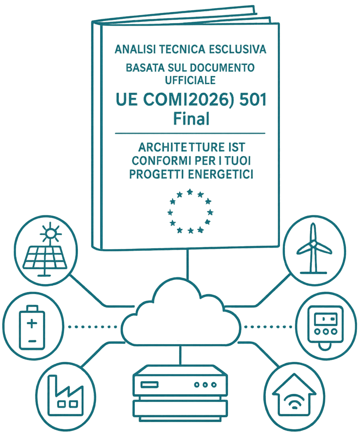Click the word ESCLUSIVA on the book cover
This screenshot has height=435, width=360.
(x=237, y=49)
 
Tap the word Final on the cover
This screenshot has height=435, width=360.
(x=191, y=119)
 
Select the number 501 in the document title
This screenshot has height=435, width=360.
(x=253, y=100)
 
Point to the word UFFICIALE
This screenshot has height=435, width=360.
(x=190, y=80)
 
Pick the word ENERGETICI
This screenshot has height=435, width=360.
(x=220, y=174)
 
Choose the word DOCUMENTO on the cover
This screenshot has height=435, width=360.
(x=222, y=68)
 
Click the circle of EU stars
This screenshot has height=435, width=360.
(x=190, y=211)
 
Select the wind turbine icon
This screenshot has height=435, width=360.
(x=314, y=248)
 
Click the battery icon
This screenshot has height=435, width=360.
(x=32, y=327)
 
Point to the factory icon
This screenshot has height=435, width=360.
(x=65, y=395)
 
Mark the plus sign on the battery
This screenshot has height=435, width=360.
(x=32, y=323)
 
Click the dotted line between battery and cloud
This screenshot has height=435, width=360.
(x=93, y=327)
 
